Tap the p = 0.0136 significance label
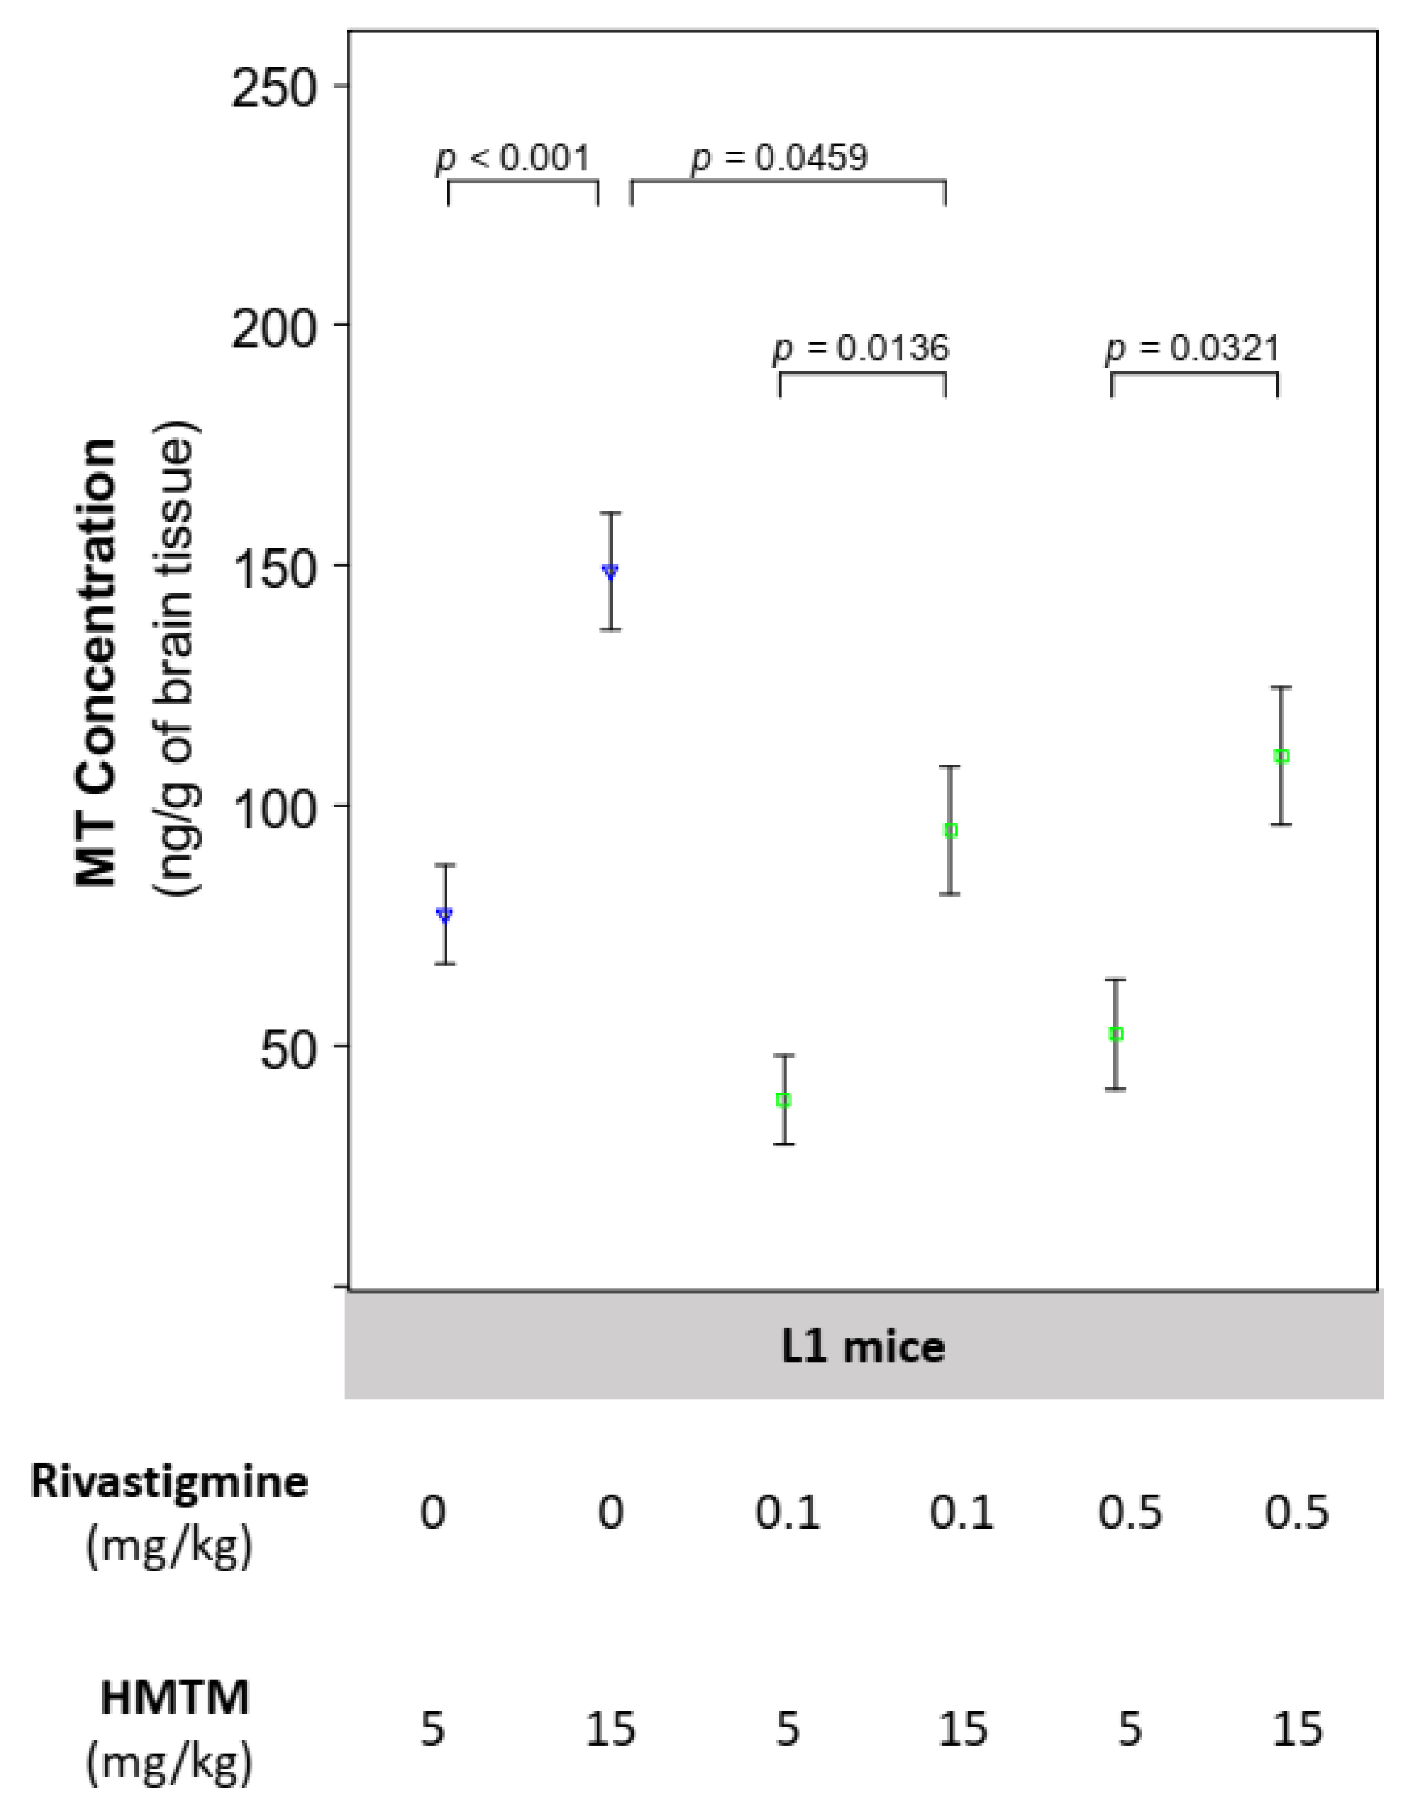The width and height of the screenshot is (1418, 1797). click(x=861, y=349)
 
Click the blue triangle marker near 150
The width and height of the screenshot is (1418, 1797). click(x=610, y=571)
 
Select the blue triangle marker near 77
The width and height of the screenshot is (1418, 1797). click(x=444, y=915)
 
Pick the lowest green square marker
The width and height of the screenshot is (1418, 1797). click(x=783, y=1100)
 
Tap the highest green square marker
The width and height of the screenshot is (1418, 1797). click(x=1281, y=757)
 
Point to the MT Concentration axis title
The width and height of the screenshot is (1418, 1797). click(x=97, y=665)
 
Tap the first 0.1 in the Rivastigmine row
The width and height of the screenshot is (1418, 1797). click(x=786, y=1513)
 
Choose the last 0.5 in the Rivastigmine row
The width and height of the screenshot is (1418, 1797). click(x=1296, y=1513)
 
